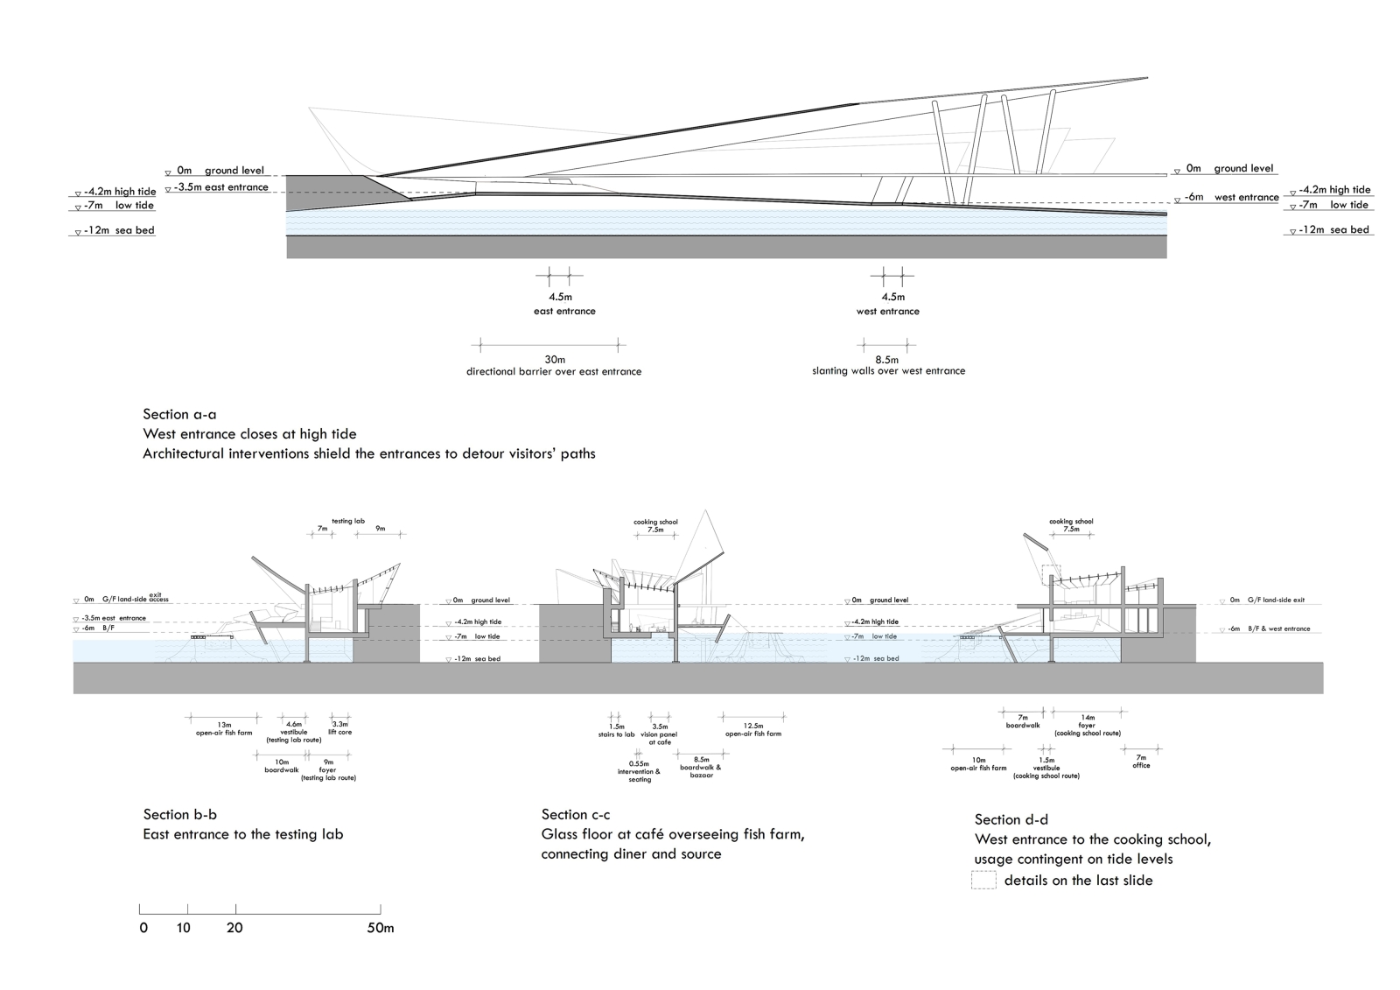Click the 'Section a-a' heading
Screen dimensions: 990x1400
(178, 414)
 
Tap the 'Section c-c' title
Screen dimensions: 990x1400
(576, 814)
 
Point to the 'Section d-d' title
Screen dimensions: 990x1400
(1011, 819)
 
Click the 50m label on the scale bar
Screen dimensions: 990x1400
(381, 928)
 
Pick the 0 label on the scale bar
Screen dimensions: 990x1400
(143, 928)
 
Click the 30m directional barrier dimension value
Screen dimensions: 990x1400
(555, 360)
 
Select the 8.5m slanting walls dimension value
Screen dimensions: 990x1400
(888, 360)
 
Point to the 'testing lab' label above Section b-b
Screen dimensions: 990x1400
(347, 521)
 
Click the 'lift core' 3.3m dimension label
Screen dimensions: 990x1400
(339, 728)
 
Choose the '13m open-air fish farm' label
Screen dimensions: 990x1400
(224, 729)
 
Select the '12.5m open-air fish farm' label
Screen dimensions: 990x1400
(753, 729)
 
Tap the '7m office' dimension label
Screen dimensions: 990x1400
(1141, 762)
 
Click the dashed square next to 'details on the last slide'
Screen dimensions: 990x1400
(983, 880)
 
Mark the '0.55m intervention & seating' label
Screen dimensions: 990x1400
(640, 771)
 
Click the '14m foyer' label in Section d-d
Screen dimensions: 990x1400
(1087, 725)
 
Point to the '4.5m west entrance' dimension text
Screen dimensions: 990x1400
(888, 303)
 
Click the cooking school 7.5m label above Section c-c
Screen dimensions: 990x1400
(655, 526)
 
